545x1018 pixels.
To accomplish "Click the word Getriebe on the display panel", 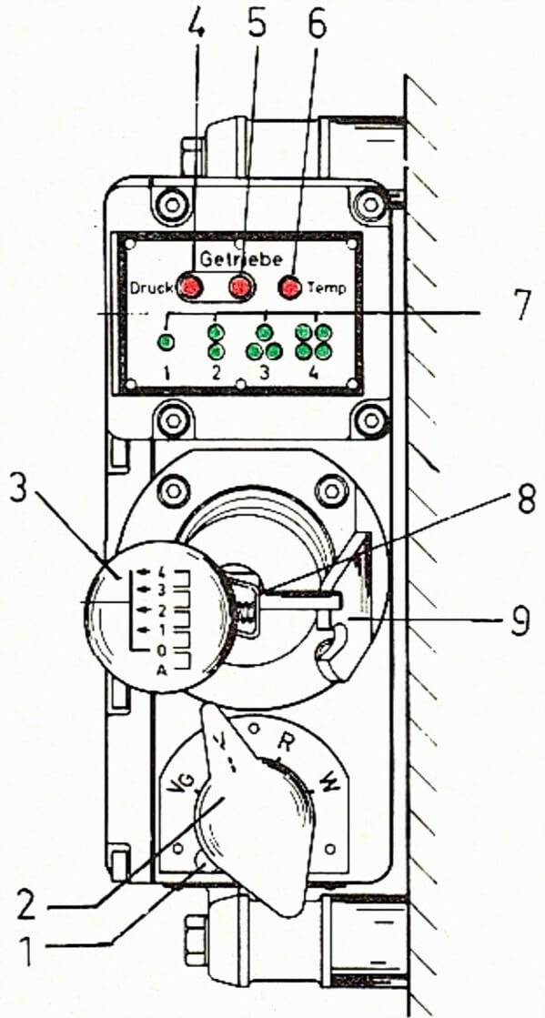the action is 240,259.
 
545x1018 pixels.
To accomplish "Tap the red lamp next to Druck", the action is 191,287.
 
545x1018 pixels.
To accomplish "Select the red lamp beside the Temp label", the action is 289,287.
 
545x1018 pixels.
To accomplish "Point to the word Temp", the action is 328,287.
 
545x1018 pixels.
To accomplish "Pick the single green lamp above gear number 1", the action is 167,341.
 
